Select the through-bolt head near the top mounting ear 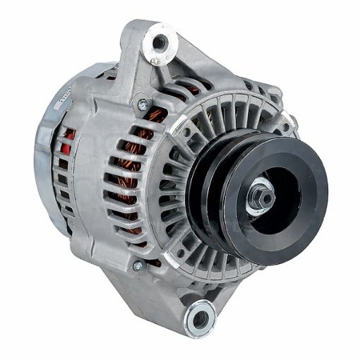point(143,104)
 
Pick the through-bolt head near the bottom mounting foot point(138,265)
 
